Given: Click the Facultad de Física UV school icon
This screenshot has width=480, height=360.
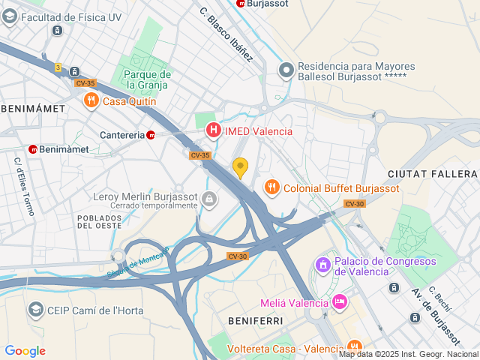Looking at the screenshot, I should point(10,16).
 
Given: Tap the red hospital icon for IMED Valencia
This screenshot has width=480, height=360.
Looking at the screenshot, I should point(214,131).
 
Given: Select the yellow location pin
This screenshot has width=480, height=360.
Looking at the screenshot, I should point(240,166).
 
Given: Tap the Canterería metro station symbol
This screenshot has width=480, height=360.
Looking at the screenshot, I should point(151,135).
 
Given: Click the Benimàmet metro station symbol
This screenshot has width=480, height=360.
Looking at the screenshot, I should point(33,149).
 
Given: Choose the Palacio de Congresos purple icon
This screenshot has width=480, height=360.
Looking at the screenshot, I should point(323,265).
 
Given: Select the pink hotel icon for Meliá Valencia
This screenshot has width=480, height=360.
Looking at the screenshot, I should point(340,302).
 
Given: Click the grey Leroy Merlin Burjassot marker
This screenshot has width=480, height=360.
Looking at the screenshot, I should point(208,199).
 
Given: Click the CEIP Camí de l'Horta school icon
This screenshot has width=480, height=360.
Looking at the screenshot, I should point(35,310).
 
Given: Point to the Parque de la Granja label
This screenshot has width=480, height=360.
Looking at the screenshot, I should point(148,79).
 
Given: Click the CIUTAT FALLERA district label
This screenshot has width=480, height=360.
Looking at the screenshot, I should point(432,174).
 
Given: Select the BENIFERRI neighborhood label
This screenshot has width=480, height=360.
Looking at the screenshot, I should point(255,320).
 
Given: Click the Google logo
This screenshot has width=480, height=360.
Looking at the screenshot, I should point(25,350).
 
